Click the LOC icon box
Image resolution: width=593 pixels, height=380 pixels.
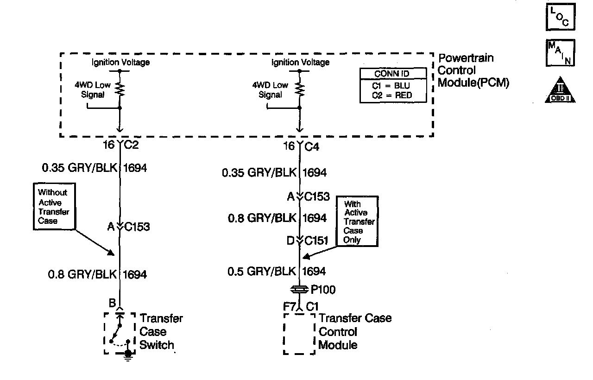click(x=560, y=17)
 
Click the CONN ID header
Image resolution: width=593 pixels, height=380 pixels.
click(x=391, y=74)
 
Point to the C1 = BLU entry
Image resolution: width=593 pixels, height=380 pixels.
click(x=391, y=86)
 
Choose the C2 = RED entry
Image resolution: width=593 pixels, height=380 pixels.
click(x=391, y=95)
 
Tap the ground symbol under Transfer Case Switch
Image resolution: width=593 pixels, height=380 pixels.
click(x=128, y=354)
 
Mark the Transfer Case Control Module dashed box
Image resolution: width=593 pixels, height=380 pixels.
click(x=299, y=334)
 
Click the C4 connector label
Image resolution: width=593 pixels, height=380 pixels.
click(x=312, y=147)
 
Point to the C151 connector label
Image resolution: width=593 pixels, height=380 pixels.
click(x=317, y=241)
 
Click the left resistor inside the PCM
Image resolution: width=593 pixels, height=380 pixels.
click(x=120, y=89)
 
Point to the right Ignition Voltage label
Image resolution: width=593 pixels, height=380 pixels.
click(x=300, y=62)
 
